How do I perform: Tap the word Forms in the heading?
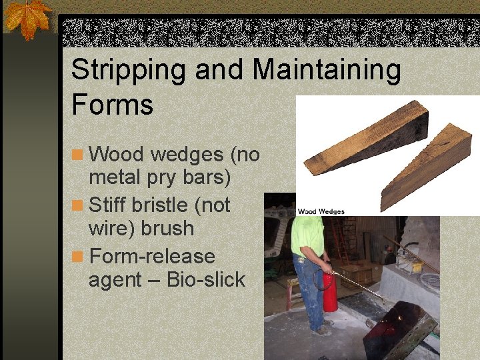[112, 105]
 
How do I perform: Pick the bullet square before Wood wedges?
[78, 155]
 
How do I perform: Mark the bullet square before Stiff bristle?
[78, 205]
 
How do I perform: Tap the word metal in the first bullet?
[113, 179]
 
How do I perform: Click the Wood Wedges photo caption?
[321, 211]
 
